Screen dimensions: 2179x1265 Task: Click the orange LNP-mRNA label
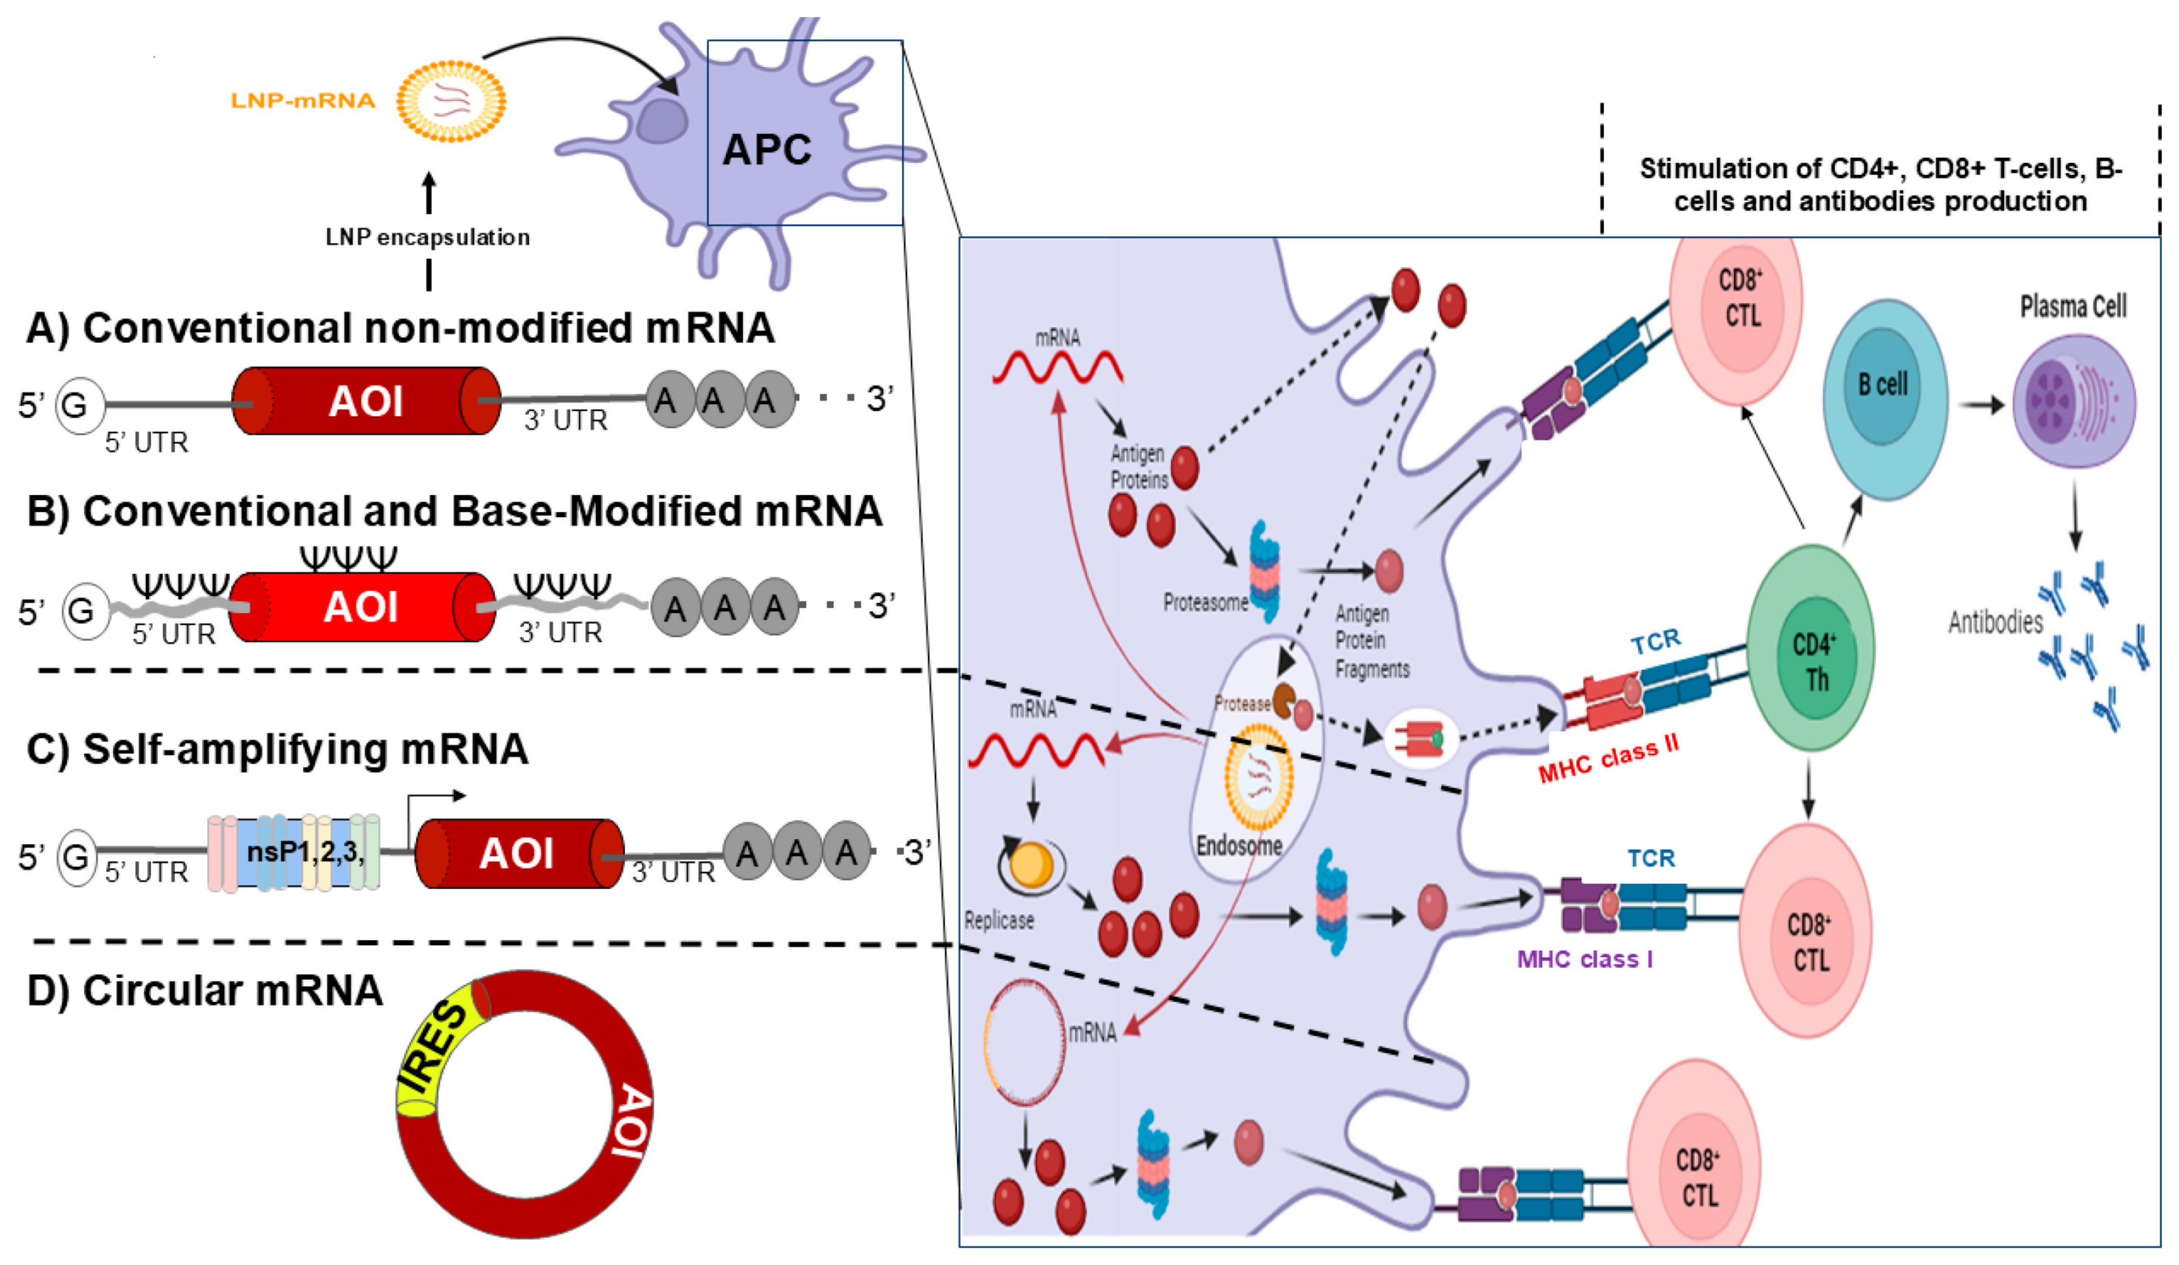tap(303, 101)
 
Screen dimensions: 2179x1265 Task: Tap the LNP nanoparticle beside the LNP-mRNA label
tap(451, 101)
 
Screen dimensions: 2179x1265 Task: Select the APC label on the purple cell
tap(767, 150)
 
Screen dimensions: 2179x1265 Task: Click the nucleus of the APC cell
tap(662, 120)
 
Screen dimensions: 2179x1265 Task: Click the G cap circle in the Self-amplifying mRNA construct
tap(76, 857)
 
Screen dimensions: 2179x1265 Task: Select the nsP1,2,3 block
tap(294, 853)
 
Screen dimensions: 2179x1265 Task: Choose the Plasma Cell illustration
tap(2073, 401)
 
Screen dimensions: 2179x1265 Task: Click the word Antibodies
tap(1995, 622)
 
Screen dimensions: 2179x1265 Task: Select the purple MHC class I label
tap(1585, 959)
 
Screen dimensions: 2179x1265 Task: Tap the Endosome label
tap(1239, 845)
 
